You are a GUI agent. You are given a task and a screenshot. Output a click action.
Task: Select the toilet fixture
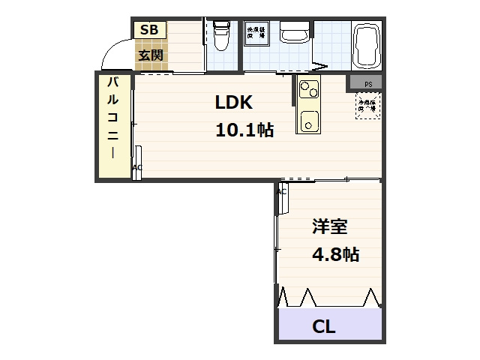click(221, 36)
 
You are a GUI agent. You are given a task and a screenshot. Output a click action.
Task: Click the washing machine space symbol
click(256, 34)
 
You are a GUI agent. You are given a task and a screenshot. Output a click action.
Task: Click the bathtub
click(367, 45)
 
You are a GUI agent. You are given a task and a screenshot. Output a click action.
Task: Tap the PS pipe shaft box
click(367, 83)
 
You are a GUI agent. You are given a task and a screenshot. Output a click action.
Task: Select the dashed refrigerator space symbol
click(367, 106)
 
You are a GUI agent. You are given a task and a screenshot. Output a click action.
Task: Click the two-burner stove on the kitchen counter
click(309, 89)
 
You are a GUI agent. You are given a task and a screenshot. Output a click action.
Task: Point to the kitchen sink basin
click(308, 119)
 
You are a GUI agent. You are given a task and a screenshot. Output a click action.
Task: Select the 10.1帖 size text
click(244, 130)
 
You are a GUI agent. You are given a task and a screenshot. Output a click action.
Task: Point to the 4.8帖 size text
click(334, 254)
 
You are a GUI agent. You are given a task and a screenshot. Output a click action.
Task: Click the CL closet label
click(323, 327)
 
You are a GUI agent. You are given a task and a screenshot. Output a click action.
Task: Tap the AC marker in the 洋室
click(282, 193)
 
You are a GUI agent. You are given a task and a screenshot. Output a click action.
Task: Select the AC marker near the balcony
click(137, 168)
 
